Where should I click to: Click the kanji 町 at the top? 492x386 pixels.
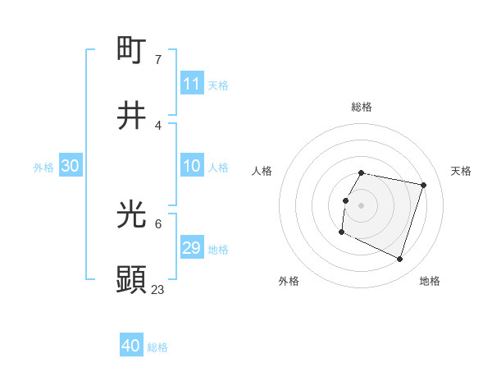click(131, 50)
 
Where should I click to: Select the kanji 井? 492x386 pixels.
click(131, 116)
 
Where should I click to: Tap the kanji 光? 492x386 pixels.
click(131, 214)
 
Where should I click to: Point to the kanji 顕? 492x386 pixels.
click(131, 280)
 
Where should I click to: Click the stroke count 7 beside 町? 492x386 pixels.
click(157, 60)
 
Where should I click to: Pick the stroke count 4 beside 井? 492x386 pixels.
click(157, 126)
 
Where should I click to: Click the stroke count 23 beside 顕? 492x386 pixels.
click(158, 290)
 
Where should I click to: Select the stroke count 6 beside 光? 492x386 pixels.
click(157, 224)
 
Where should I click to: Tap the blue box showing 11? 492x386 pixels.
click(191, 84)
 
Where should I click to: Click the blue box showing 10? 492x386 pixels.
click(191, 166)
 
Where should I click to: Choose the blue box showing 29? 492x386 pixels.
click(191, 248)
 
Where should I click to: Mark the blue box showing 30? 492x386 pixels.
click(70, 166)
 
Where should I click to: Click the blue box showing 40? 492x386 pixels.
click(130, 346)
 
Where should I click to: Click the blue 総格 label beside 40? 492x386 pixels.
click(157, 347)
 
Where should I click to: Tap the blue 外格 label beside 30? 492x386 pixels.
click(43, 168)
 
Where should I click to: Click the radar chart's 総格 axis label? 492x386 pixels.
click(361, 107)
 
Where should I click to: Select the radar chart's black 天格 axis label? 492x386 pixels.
click(461, 171)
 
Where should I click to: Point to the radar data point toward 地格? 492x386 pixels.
click(399, 260)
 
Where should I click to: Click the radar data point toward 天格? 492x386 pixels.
click(423, 186)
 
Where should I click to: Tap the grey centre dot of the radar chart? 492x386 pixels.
click(361, 204)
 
